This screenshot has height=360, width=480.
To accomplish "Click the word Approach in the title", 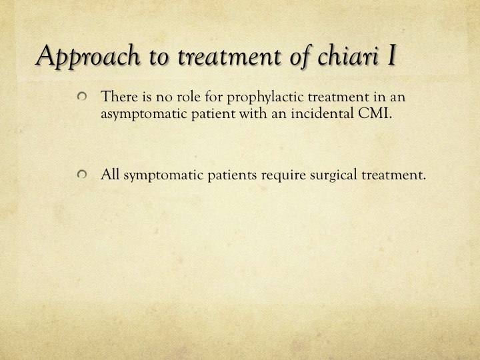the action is [87, 56].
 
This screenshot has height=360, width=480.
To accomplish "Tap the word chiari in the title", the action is [348, 55].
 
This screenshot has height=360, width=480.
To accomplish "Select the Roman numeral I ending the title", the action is [391, 55].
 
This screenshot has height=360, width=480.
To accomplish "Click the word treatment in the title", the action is [229, 56].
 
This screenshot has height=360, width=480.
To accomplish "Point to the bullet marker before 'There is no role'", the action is [82, 97].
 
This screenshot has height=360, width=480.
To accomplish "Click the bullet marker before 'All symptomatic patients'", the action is [82, 175].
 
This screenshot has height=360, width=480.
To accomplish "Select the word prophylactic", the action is [265, 97].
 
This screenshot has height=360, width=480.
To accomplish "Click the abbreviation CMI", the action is [375, 113].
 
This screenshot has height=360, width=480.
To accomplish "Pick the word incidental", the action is [323, 113].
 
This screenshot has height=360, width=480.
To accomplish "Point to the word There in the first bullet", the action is [119, 97].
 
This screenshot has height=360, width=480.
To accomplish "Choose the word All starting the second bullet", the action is [110, 175].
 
